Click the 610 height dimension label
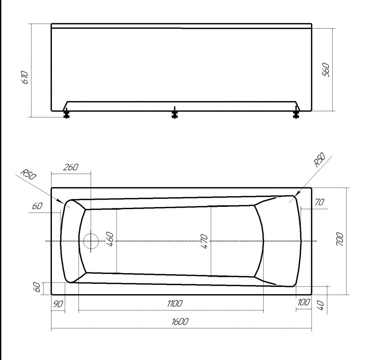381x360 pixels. [25, 77]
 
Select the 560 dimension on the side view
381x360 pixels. [326, 70]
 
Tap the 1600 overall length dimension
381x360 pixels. [180, 322]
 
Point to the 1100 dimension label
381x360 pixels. [175, 303]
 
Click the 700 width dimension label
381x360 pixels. [340, 240]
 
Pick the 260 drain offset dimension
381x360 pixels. [71, 167]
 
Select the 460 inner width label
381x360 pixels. [110, 239]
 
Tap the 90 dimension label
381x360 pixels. [58, 304]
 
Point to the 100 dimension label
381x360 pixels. [304, 302]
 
